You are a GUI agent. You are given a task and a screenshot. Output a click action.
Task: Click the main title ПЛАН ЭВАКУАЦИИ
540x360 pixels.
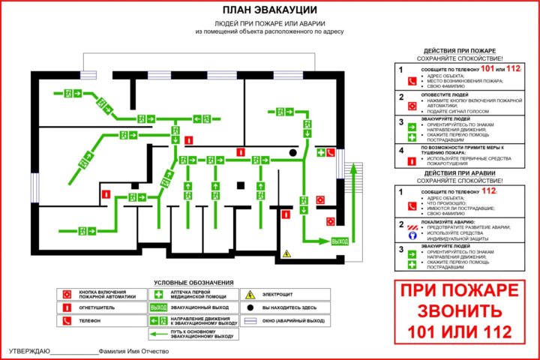(x=269, y=10)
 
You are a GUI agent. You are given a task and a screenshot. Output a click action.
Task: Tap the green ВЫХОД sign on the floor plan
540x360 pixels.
(x=340, y=241)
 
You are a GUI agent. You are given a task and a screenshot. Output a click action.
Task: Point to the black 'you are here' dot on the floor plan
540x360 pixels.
(x=293, y=152)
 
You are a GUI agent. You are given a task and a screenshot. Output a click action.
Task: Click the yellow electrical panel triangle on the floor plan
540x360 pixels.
(x=286, y=253)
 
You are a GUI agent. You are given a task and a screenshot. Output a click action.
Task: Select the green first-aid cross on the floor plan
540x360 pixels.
(x=321, y=153)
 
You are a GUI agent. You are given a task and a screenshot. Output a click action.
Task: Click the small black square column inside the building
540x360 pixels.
(x=241, y=184)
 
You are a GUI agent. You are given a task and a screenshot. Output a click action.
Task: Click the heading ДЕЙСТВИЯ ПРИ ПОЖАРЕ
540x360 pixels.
(x=460, y=50)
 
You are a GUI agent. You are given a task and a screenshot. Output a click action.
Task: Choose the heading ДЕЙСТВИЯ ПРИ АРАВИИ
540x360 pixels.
(x=460, y=174)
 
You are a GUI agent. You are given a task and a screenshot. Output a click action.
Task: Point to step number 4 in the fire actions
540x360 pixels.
(x=401, y=150)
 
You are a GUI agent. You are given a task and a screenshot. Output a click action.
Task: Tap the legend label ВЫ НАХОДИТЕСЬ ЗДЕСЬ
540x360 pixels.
(x=295, y=307)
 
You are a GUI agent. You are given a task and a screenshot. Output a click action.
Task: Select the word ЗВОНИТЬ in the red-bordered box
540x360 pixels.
(x=457, y=310)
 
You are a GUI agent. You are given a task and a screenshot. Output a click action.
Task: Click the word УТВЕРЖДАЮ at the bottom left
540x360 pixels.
(x=29, y=352)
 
